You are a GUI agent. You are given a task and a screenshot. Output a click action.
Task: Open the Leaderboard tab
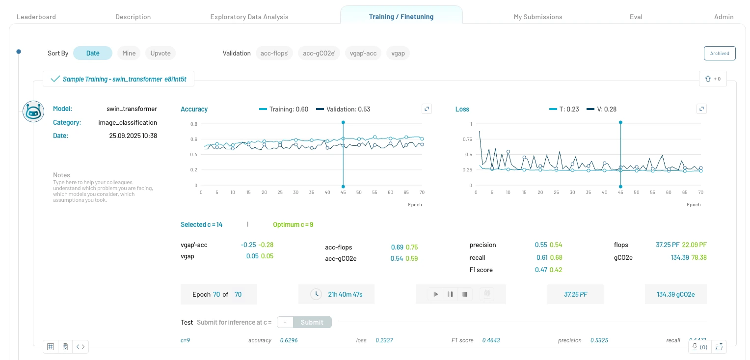(x=36, y=17)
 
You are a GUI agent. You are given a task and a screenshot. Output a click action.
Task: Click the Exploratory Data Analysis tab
(x=249, y=17)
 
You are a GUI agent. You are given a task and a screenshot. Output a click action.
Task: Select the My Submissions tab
(x=537, y=17)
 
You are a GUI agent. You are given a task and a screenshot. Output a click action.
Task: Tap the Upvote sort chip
(x=161, y=53)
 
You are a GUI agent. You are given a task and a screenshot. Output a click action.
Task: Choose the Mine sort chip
(x=129, y=53)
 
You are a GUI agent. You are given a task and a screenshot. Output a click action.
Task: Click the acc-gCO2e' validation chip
(x=319, y=53)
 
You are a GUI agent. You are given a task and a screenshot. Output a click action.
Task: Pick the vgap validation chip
(x=398, y=53)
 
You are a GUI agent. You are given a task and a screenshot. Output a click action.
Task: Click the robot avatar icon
(x=33, y=111)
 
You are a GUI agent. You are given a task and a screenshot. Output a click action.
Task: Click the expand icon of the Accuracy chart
(x=427, y=109)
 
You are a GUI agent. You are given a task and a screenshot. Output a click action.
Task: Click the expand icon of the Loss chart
(x=701, y=109)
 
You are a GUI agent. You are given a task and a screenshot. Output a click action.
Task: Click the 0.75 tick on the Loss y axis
(x=467, y=139)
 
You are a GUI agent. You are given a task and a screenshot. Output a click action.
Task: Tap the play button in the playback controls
(x=435, y=295)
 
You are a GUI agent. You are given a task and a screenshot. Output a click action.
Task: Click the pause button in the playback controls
(x=450, y=295)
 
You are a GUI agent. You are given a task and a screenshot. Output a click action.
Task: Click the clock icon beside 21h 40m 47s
(x=316, y=294)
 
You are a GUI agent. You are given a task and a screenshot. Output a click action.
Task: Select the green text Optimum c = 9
(x=293, y=224)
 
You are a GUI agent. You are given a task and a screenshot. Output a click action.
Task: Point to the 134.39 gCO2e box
(x=675, y=294)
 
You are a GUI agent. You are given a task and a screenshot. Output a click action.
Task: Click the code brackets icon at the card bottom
(x=81, y=347)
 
